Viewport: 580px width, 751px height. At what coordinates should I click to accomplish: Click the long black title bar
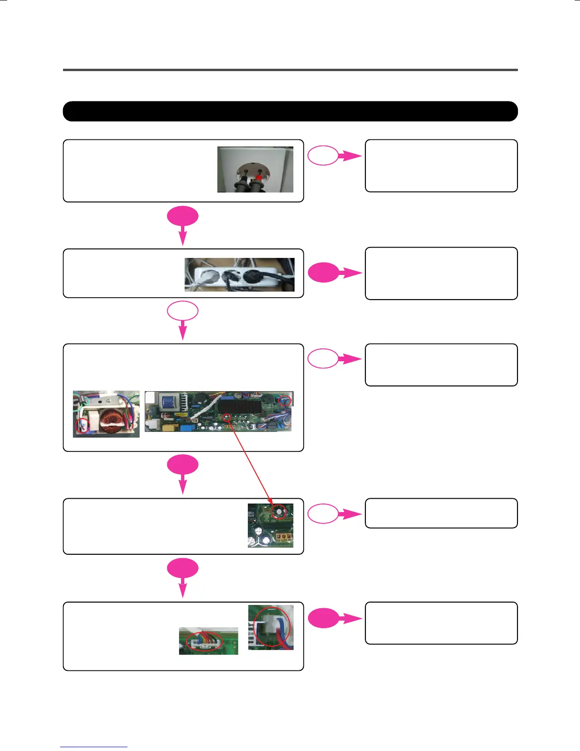pos(290,111)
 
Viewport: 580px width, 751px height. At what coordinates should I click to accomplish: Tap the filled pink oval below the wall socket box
pos(182,217)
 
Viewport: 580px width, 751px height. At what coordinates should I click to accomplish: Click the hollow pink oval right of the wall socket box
pos(323,155)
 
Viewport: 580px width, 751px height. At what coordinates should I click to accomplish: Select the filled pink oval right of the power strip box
pos(323,273)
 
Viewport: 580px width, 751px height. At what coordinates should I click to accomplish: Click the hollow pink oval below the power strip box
pos(182,311)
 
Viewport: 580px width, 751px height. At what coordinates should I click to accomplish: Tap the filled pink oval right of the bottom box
pos(323,618)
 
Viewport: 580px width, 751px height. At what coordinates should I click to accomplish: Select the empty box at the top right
pos(441,165)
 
